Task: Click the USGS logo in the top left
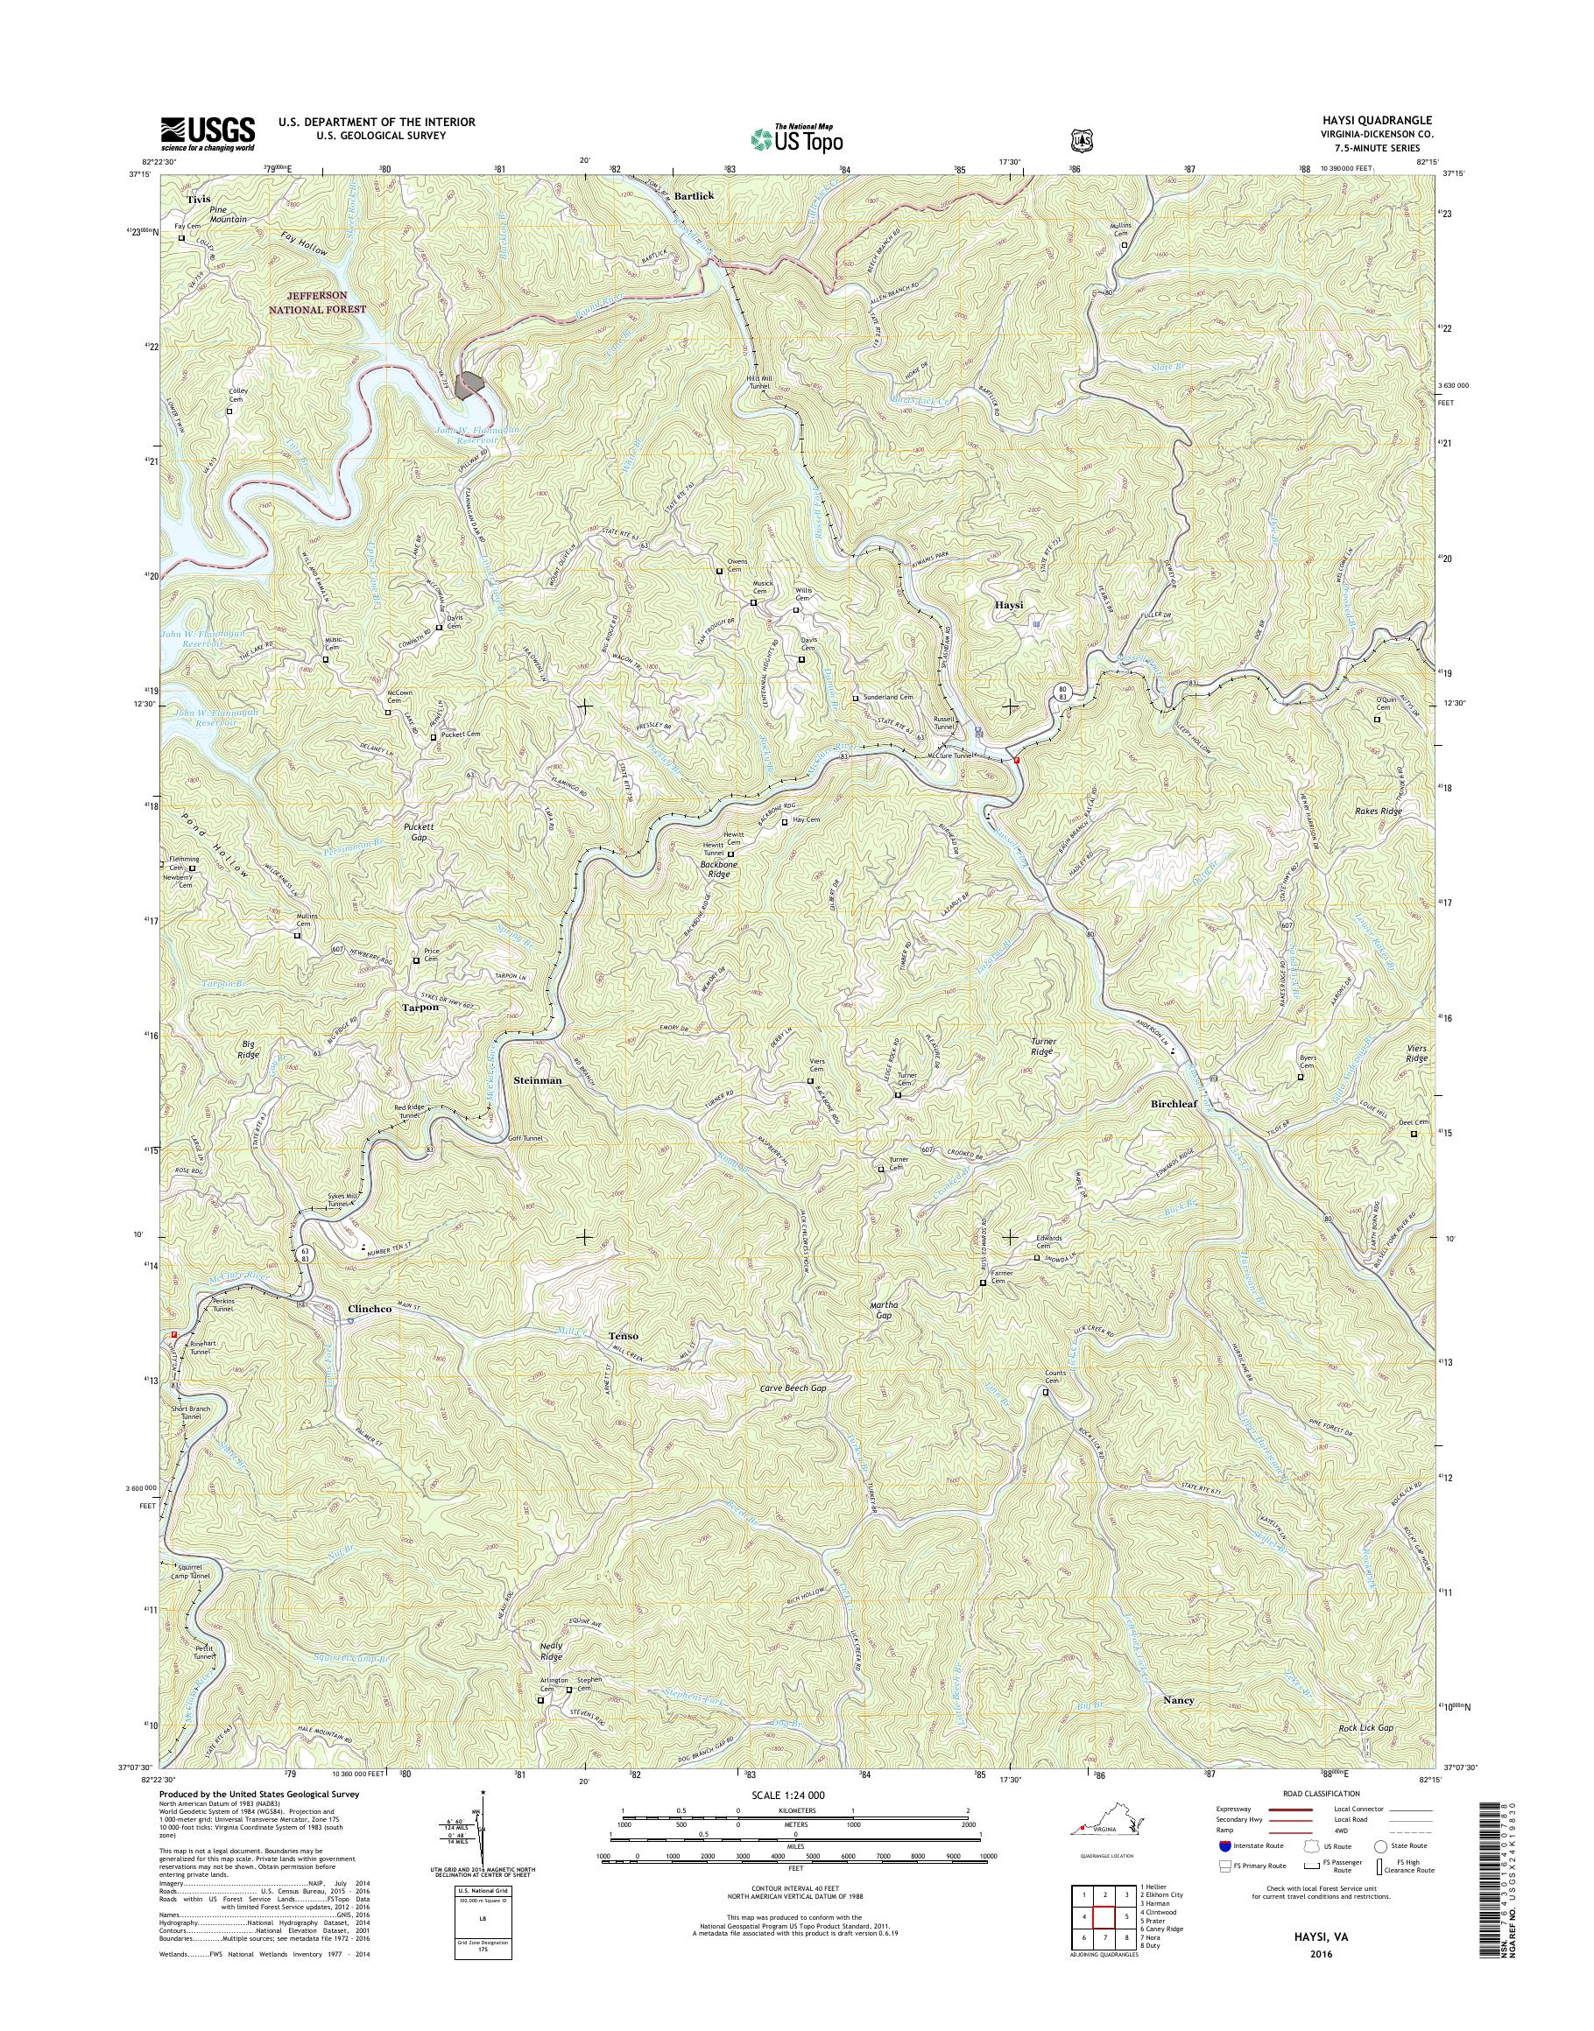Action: pyautogui.click(x=208, y=133)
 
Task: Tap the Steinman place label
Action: pyautogui.click(x=538, y=1079)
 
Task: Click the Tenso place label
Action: pyautogui.click(x=624, y=1336)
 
